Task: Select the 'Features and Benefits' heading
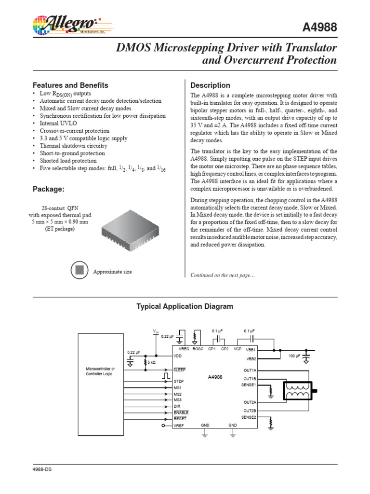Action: [x=70, y=85]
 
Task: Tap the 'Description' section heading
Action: [x=210, y=85]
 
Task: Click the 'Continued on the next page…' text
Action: [x=223, y=275]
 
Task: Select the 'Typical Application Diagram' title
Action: [x=185, y=306]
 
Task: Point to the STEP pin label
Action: [x=179, y=381]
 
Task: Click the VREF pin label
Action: [x=179, y=425]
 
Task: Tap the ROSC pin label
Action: [x=198, y=348]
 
